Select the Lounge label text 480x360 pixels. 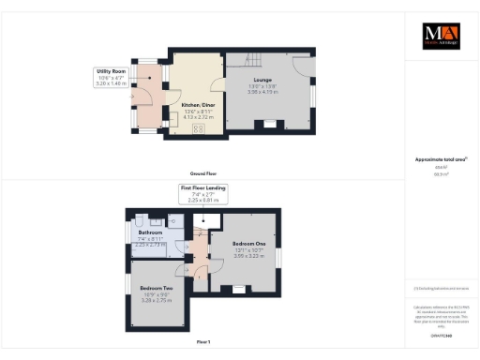[262, 81]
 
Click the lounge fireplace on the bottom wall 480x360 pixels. [270, 124]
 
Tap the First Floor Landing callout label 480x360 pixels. [203, 188]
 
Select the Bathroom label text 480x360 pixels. [151, 232]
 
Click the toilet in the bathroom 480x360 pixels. [139, 221]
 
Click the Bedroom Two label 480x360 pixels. [155, 288]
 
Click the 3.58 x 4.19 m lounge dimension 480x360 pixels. [262, 92]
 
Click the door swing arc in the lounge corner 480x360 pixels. [303, 66]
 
